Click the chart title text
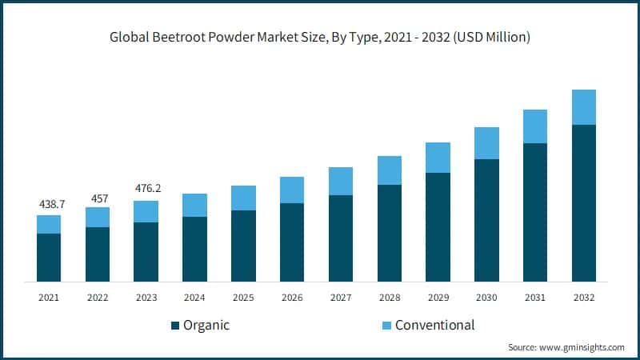(x=319, y=38)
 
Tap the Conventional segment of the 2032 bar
(x=584, y=107)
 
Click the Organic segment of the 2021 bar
(x=49, y=257)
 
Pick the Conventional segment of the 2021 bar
(x=49, y=224)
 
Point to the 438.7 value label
(x=49, y=205)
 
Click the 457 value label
(x=98, y=197)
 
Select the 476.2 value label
(x=146, y=190)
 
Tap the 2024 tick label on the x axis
(x=194, y=297)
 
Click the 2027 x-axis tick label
(x=341, y=297)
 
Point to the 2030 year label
(x=486, y=297)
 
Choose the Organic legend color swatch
(x=175, y=326)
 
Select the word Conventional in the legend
(x=435, y=325)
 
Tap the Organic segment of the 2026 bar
(x=292, y=242)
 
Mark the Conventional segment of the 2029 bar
(x=438, y=158)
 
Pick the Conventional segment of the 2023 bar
(x=146, y=211)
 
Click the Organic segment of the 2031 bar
(x=535, y=212)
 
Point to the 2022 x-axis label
(x=98, y=297)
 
